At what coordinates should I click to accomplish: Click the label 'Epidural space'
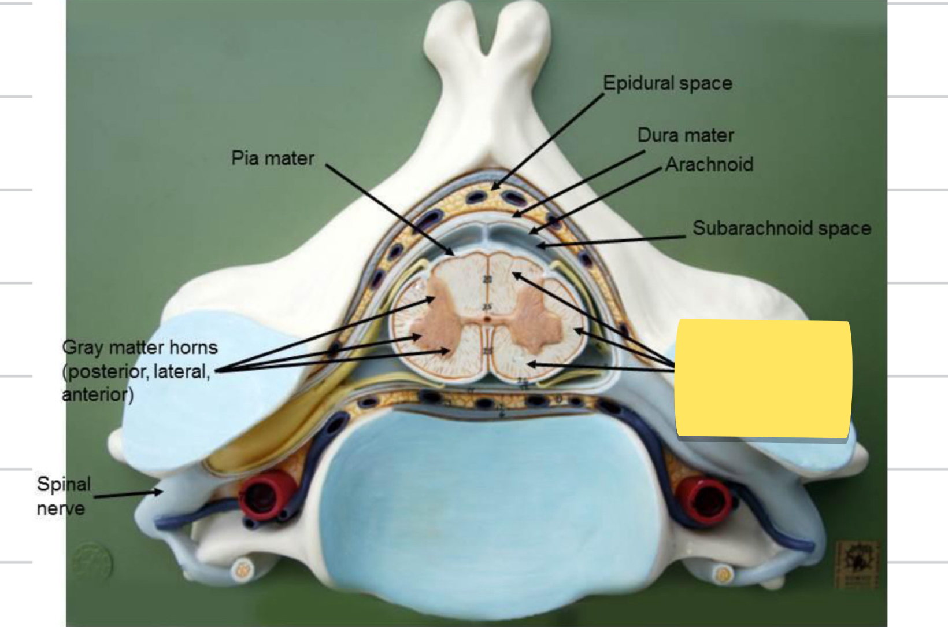[x=667, y=83]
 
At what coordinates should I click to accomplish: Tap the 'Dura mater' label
[x=685, y=135]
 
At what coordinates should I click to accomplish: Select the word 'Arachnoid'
[x=709, y=165]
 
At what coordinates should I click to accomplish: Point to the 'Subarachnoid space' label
[x=782, y=228]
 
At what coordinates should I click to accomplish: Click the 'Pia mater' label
[x=272, y=158]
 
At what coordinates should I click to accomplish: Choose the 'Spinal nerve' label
[x=63, y=496]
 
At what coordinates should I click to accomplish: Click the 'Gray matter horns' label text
[x=139, y=348]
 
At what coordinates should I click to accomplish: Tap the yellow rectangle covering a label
[x=763, y=379]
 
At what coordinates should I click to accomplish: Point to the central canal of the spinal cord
[x=488, y=318]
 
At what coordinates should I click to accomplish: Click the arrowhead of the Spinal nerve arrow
[x=160, y=492]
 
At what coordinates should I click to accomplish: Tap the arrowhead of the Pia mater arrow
[x=452, y=253]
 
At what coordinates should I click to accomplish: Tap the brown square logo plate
[x=856, y=564]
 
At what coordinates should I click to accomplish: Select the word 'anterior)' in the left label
[x=97, y=395]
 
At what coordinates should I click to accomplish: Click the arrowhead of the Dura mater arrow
[x=515, y=215]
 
